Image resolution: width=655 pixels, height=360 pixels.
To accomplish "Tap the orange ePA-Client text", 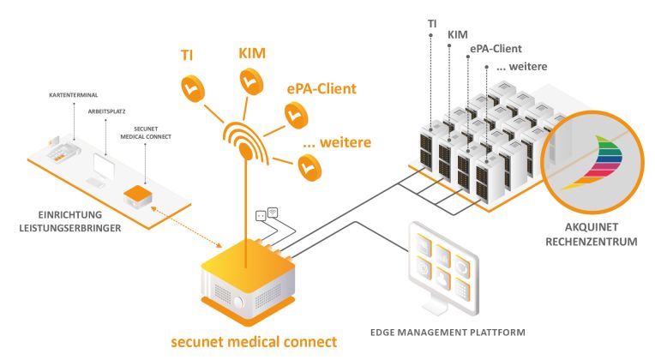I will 322,87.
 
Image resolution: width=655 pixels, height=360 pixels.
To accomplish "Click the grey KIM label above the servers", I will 459,34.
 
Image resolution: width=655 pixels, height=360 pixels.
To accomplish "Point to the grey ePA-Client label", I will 495,50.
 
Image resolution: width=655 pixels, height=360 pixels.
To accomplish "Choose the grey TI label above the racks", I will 433,18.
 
